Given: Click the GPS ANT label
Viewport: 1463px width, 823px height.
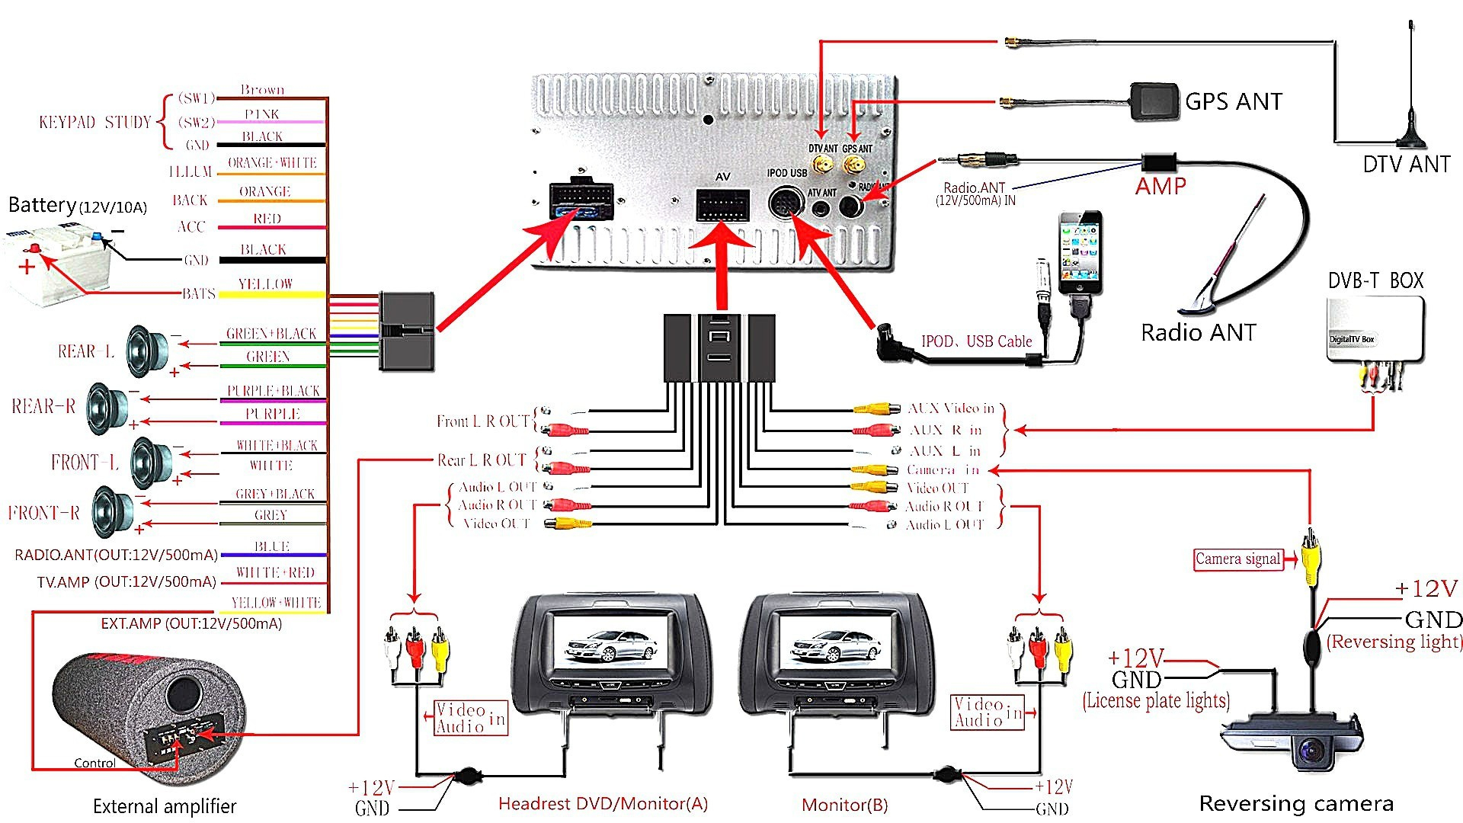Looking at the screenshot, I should coord(1233,101).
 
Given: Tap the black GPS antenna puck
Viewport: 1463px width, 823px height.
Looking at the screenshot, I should coord(1154,101).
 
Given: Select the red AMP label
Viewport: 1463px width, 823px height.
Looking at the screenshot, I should coord(1160,186).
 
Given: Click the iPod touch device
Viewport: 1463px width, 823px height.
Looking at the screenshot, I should coord(1080,253).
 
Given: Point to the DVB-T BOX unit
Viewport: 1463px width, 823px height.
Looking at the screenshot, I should coord(1375,330).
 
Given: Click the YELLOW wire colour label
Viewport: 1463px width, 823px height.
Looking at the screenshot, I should coord(265,284).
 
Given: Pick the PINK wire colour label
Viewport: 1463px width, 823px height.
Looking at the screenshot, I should coord(262,114).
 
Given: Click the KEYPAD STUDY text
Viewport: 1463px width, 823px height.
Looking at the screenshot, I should coord(95,122).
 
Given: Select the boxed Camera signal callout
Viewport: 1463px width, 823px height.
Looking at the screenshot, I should coord(1237,559).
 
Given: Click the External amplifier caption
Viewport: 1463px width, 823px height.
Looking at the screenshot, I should coord(165,806).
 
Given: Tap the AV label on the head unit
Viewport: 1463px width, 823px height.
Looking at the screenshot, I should coord(722,177).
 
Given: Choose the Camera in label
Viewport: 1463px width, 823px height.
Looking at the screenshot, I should coord(943,470).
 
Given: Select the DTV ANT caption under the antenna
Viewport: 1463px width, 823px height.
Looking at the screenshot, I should coord(1406,165).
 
